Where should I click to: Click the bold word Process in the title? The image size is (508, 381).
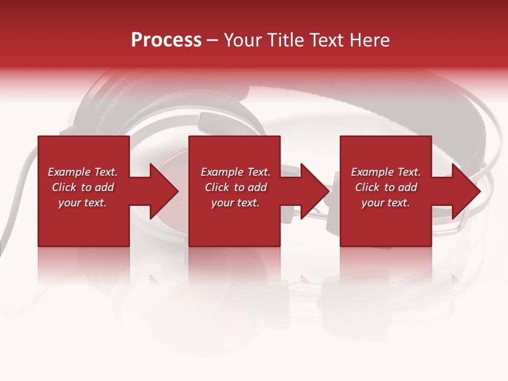pyautogui.click(x=166, y=40)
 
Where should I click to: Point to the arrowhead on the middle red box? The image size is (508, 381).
pyautogui.click(x=314, y=191)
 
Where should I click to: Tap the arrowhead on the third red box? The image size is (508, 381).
pyautogui.click(x=465, y=191)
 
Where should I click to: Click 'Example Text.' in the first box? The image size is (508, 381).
pyautogui.click(x=83, y=172)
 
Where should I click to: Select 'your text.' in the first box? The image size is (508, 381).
pyautogui.click(x=83, y=203)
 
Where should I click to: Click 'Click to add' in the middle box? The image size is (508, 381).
pyautogui.click(x=235, y=187)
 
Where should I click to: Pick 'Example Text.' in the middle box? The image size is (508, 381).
pyautogui.click(x=235, y=172)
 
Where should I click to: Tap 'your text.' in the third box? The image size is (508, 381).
pyautogui.click(x=386, y=203)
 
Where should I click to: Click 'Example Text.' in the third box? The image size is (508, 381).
pyautogui.click(x=386, y=172)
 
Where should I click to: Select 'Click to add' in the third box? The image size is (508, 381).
pyautogui.click(x=386, y=187)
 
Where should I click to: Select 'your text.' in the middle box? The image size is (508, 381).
pyautogui.click(x=235, y=203)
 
